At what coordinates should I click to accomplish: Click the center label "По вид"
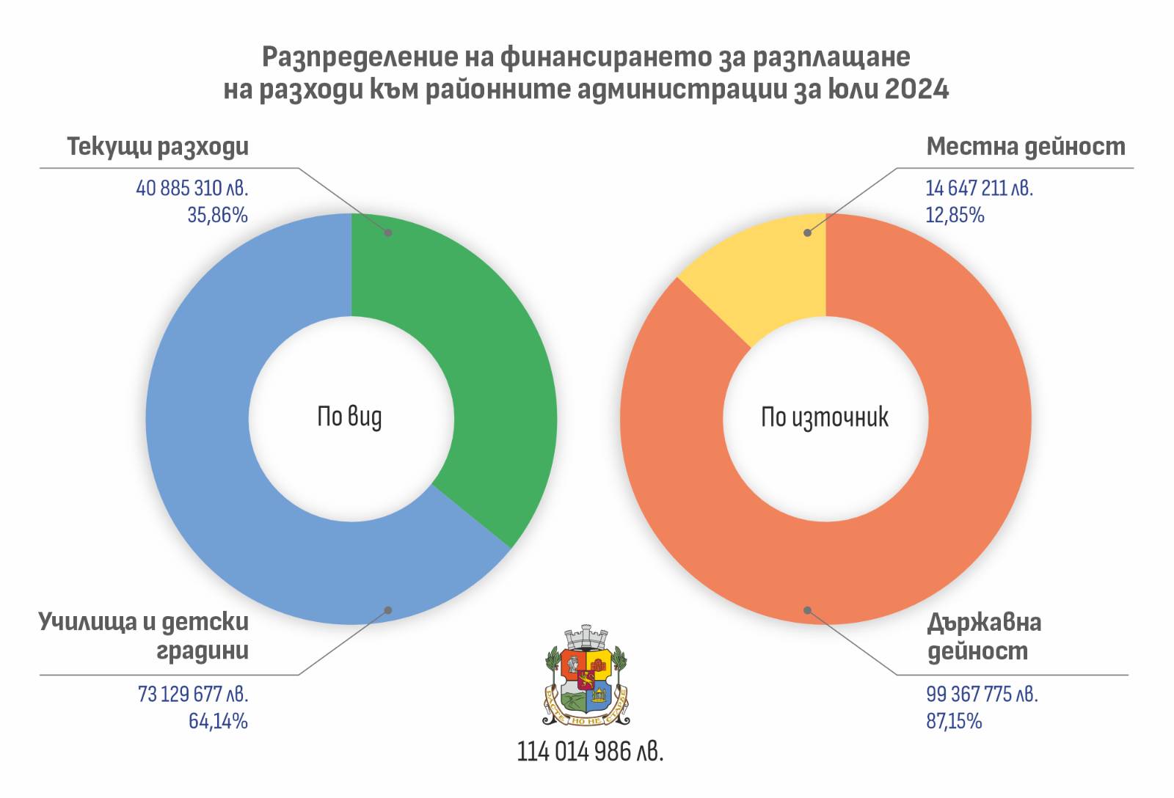click(349, 417)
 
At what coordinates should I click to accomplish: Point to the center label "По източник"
click(825, 417)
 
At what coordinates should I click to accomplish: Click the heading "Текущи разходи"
click(158, 147)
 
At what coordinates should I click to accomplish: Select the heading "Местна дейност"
click(1025, 147)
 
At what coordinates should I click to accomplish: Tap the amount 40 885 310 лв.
click(192, 188)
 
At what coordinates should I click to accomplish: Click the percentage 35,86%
click(217, 216)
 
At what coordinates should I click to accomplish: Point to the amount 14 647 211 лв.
click(979, 188)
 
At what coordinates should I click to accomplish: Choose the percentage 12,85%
click(955, 216)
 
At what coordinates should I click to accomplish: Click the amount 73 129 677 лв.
click(193, 694)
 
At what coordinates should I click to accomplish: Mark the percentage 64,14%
click(218, 721)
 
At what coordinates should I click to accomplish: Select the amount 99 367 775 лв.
click(982, 694)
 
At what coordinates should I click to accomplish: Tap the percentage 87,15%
click(954, 721)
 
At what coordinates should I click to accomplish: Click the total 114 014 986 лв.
click(590, 752)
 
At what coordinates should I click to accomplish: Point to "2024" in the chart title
click(916, 89)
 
